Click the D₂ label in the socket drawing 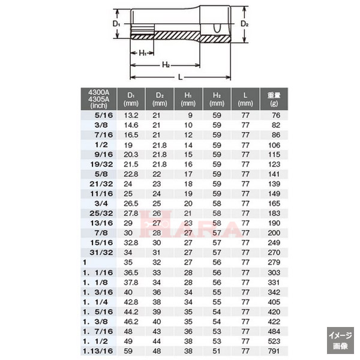[x=244, y=23]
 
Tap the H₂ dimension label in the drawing [x=166, y=65]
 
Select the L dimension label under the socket [x=181, y=77]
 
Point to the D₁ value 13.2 [x=131, y=115]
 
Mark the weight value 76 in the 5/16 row [x=275, y=115]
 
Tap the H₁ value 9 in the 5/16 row [x=189, y=115]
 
